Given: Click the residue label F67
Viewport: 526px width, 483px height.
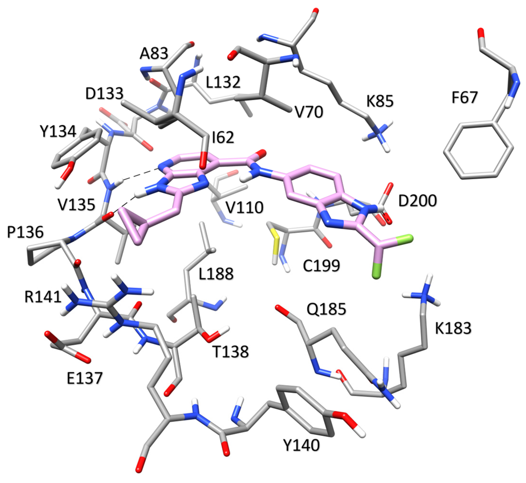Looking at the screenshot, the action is [x=464, y=97].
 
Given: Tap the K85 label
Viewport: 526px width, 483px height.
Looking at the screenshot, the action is [x=380, y=101].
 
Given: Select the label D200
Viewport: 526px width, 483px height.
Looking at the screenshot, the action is [x=417, y=201].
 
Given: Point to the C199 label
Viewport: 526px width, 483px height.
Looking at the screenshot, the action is [x=321, y=265].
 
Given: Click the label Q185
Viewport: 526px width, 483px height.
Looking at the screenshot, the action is [x=326, y=309].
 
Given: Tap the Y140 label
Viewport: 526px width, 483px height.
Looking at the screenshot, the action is [x=302, y=445].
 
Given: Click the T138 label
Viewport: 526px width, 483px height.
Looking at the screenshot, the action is [x=231, y=352].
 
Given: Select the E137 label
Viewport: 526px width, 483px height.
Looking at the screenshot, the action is [x=85, y=378].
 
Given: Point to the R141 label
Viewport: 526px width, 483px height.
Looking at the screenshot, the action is [x=43, y=297].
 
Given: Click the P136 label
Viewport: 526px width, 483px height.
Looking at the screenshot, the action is [x=25, y=232].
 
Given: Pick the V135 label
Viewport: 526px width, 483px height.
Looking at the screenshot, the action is [x=77, y=205].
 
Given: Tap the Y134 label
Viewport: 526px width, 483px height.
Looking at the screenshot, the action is [x=58, y=131].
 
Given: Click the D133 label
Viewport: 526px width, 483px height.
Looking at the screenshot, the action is [x=104, y=93].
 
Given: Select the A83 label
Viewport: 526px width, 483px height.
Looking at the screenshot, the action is [x=154, y=54].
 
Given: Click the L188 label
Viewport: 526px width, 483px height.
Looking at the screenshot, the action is [x=216, y=274].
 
